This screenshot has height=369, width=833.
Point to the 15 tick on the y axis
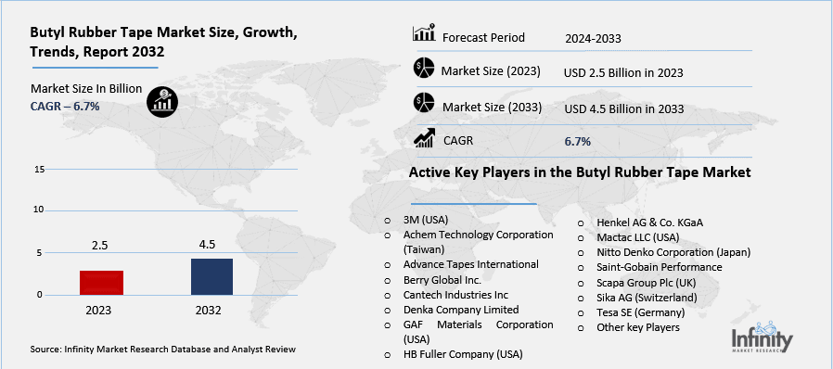39,170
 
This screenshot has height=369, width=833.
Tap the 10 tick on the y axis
39,210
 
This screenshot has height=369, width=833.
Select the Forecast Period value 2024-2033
593,38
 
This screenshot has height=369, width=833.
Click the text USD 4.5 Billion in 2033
623,108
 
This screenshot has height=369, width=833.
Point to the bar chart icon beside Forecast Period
424,34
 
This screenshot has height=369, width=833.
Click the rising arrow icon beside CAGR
426,139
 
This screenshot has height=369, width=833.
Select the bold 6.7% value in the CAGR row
577,141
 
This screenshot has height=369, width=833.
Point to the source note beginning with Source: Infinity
162,350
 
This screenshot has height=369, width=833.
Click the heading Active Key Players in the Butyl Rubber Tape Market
579,173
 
